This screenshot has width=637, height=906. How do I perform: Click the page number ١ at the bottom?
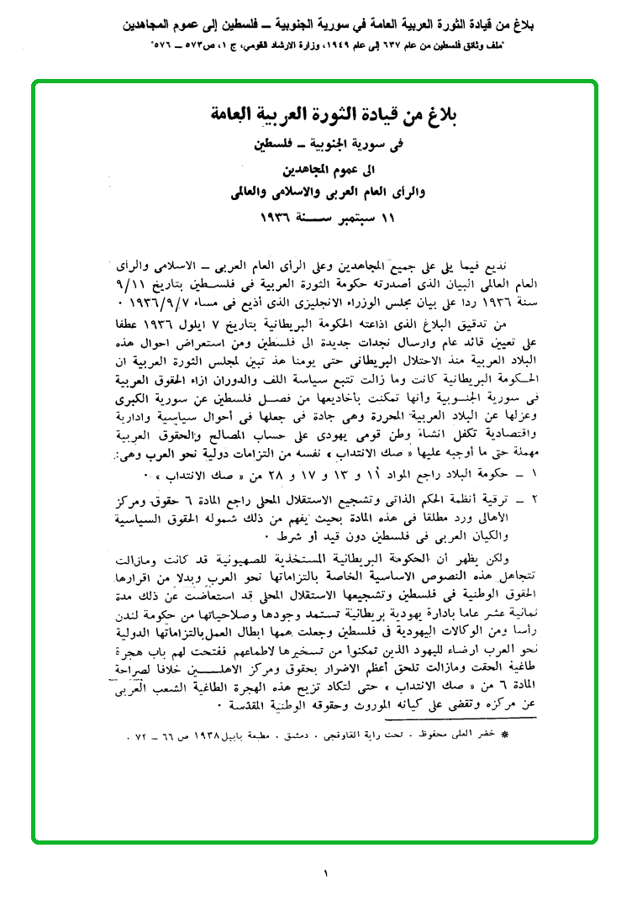tap(324, 873)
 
